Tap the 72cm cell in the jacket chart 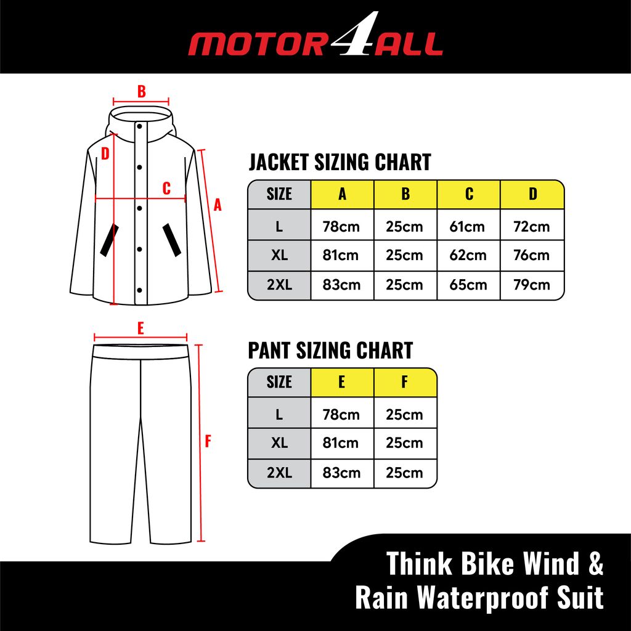pos(532,226)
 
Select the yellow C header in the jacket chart pos(469,194)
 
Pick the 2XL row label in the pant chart pos(279,473)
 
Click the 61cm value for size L pos(468,226)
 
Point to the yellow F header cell pos(404,382)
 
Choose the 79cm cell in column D pos(532,285)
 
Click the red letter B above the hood pos(141,92)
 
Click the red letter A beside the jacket pos(217,206)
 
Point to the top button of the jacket pos(140,127)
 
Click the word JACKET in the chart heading pos(279,163)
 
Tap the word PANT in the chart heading pos(270,351)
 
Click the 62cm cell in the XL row pos(468,255)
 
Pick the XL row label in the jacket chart pos(279,255)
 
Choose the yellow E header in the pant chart pos(341,382)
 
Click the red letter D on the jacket pos(105,153)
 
